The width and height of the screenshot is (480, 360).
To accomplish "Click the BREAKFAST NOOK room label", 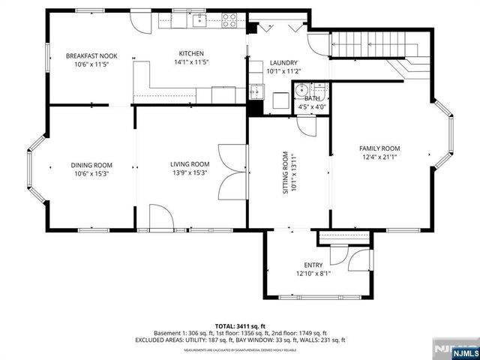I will pyautogui.click(x=91, y=56).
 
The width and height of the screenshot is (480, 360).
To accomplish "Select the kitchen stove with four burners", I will pyautogui.click(x=230, y=21).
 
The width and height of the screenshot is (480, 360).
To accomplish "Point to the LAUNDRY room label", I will pyautogui.click(x=283, y=63).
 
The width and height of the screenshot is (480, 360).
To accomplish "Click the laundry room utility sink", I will pyautogui.click(x=256, y=91).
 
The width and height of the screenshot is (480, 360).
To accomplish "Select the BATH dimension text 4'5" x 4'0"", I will pyautogui.click(x=313, y=107).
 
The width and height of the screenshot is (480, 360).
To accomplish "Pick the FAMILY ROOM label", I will pyautogui.click(x=379, y=148).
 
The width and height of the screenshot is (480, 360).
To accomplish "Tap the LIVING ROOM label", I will pyautogui.click(x=190, y=164).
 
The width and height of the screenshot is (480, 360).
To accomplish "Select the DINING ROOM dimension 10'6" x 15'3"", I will pyautogui.click(x=91, y=173).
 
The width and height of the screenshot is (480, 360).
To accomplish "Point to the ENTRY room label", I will pyautogui.click(x=313, y=265).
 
